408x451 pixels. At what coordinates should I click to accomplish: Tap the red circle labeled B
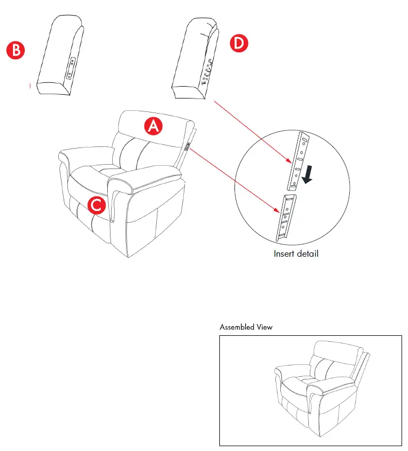pyautogui.click(x=15, y=51)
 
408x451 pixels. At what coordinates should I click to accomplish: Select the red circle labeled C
pyautogui.click(x=95, y=205)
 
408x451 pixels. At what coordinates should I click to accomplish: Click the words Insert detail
pyautogui.click(x=296, y=253)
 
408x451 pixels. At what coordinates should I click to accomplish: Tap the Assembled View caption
pyautogui.click(x=246, y=327)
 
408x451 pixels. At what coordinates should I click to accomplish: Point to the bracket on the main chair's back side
pyautogui.click(x=188, y=145)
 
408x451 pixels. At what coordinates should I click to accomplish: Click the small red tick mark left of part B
pyautogui.click(x=29, y=85)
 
